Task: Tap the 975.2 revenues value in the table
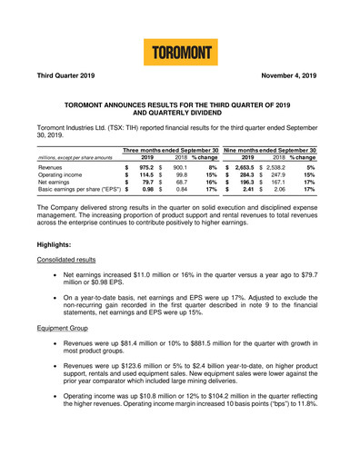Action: pos(145,168)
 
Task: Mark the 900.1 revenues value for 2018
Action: pos(179,168)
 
